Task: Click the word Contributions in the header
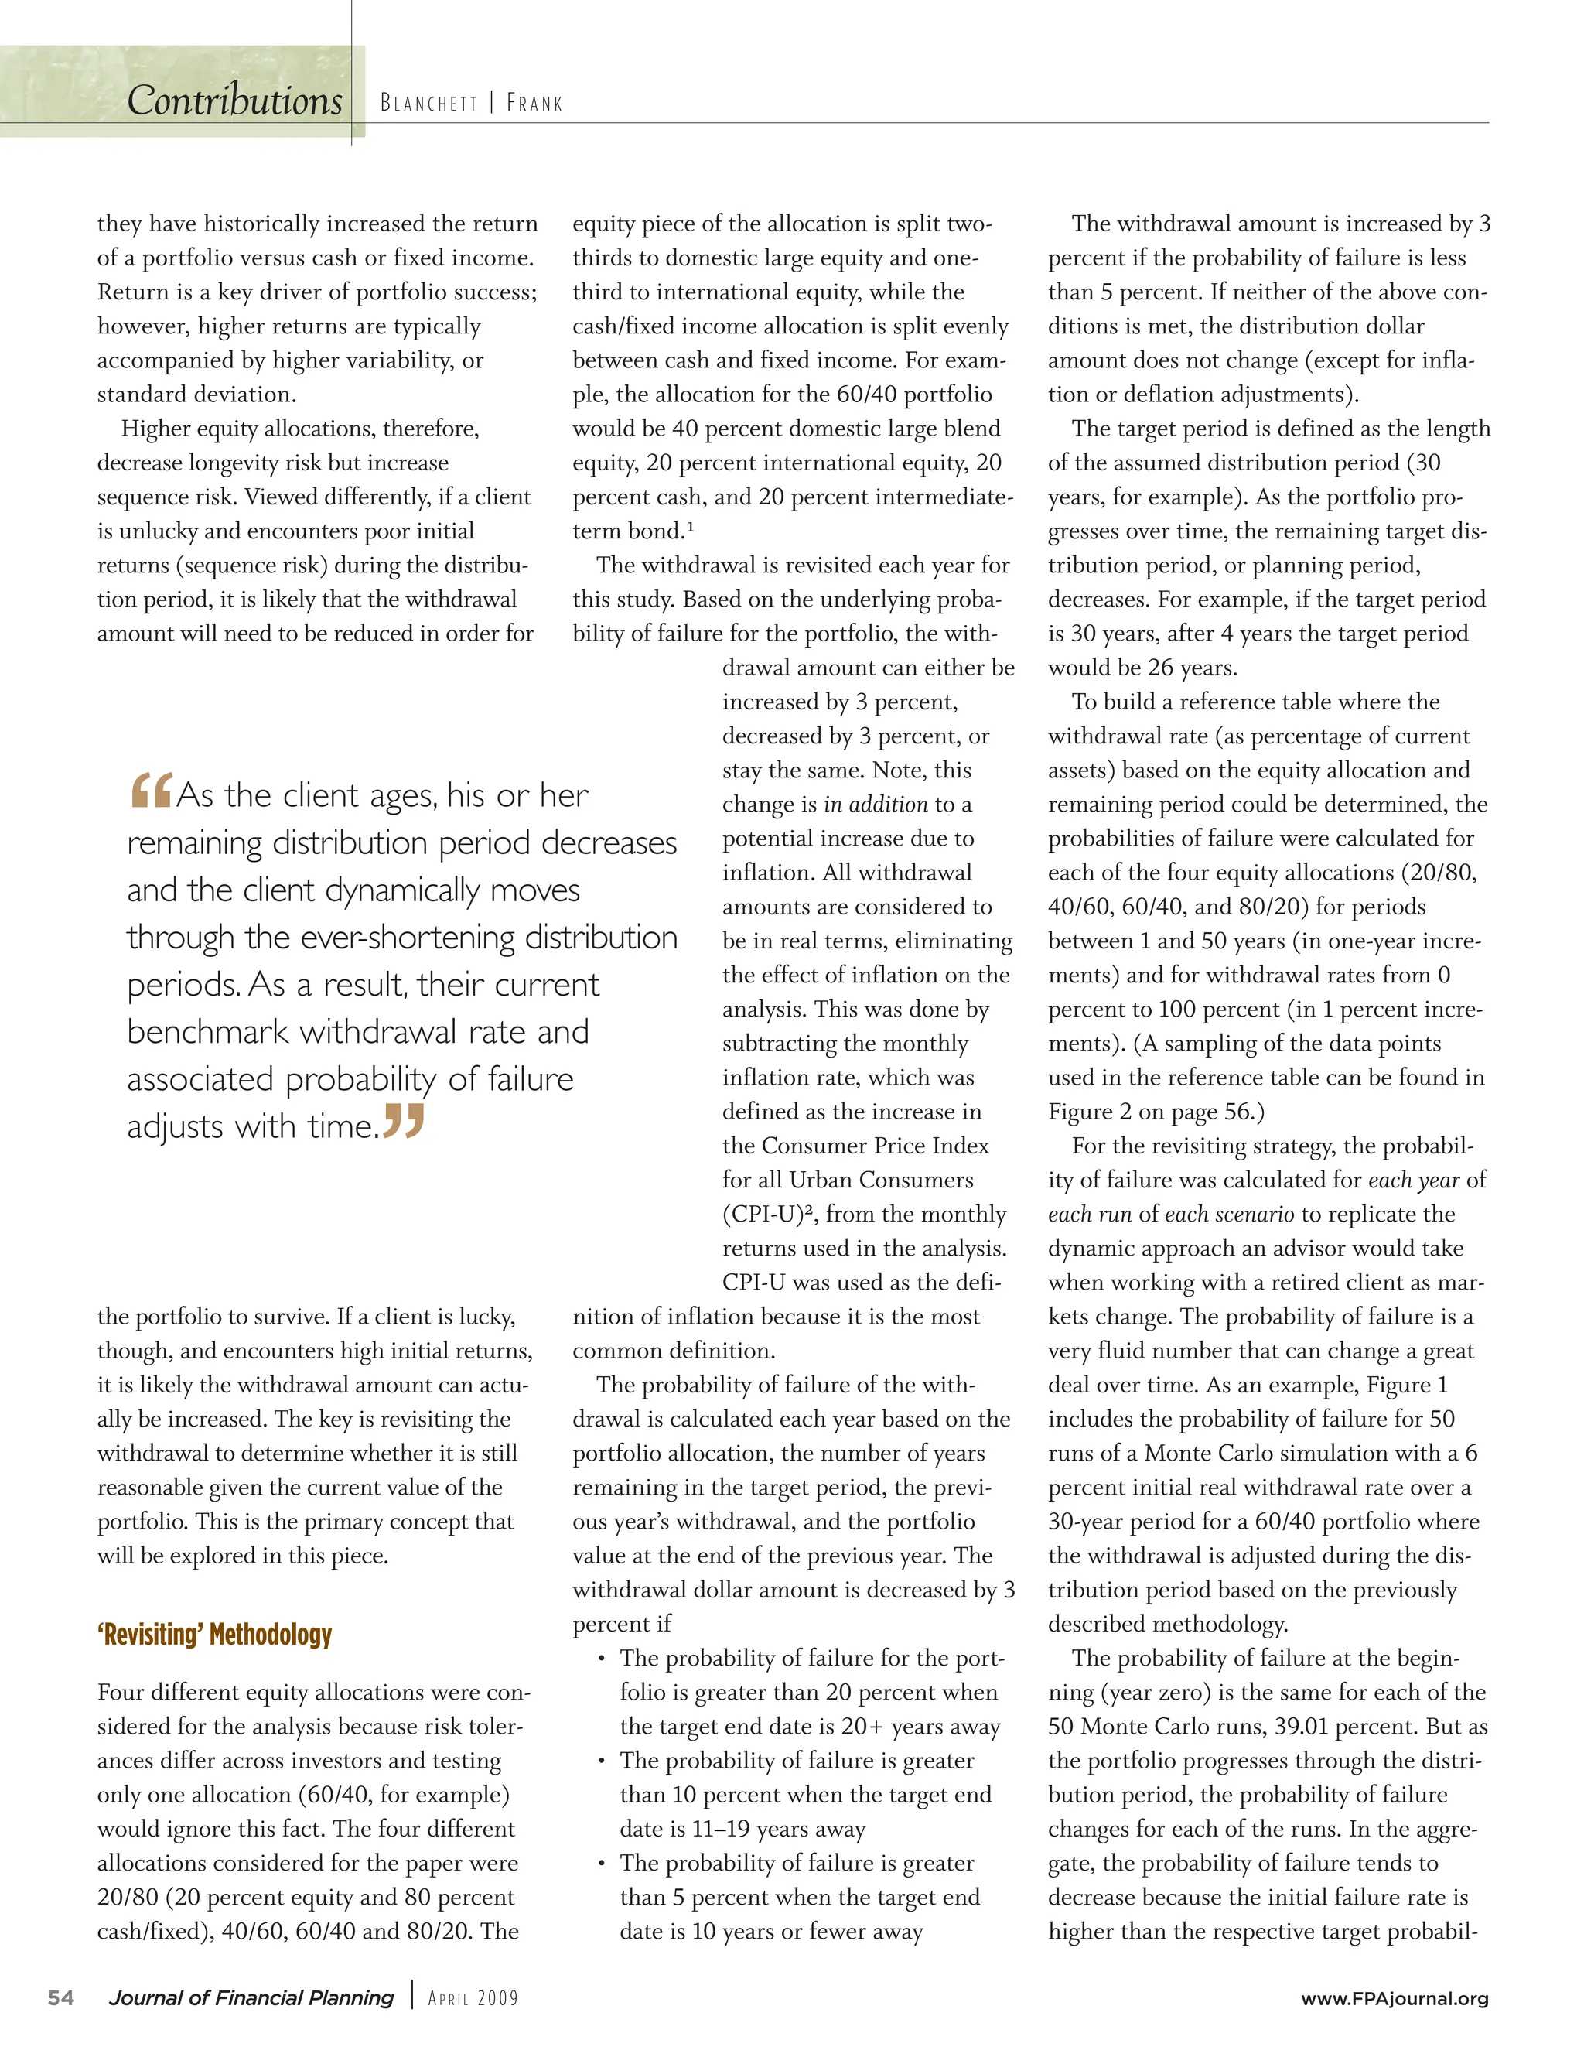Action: click(x=234, y=101)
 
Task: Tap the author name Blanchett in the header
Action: click(x=428, y=103)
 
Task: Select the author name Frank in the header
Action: click(x=534, y=103)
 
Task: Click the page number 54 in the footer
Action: click(x=61, y=1997)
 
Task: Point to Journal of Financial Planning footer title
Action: click(x=251, y=1997)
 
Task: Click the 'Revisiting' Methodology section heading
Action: click(x=215, y=1634)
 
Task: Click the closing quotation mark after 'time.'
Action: click(x=404, y=1121)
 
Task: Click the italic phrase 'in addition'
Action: click(x=876, y=805)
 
